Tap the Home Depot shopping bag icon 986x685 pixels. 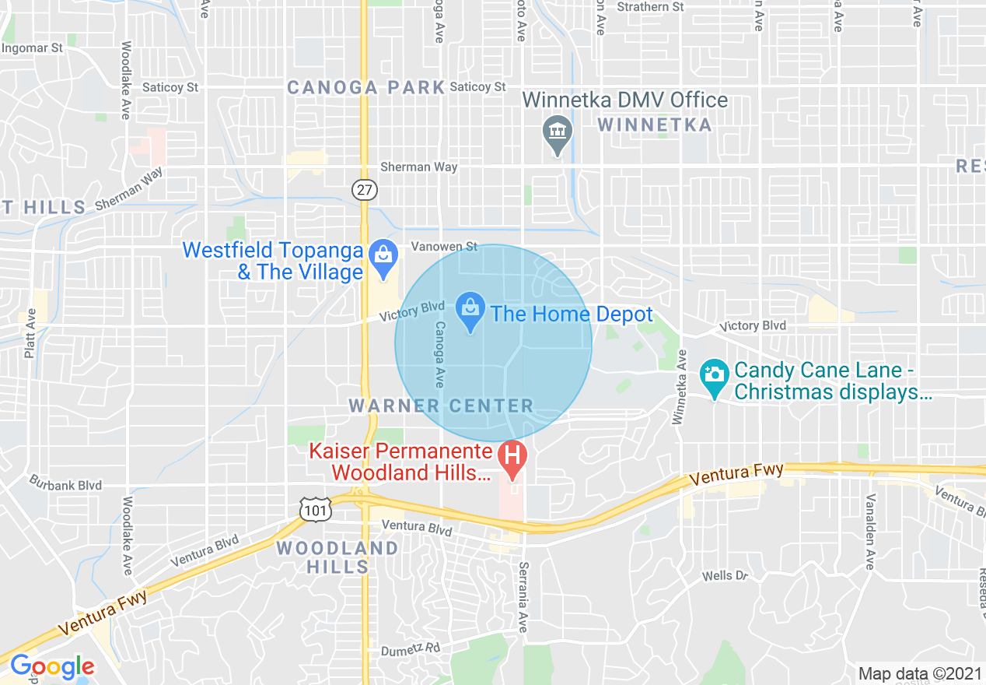coord(470,308)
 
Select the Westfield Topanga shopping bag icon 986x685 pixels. coord(383,255)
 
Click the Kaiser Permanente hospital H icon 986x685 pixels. coord(512,454)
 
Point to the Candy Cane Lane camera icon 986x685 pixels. coord(714,373)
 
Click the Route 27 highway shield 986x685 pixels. coord(363,189)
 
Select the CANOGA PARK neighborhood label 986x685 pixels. coord(365,87)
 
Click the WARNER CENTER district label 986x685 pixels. coord(441,406)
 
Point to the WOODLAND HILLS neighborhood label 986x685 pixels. coord(337,557)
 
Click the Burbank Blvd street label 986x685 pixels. coord(65,485)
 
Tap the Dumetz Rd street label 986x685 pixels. coord(411,649)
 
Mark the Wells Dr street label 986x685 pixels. coord(725,575)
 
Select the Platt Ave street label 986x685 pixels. coord(30,334)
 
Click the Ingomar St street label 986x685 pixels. coord(32,48)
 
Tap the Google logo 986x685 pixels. coord(52,667)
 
